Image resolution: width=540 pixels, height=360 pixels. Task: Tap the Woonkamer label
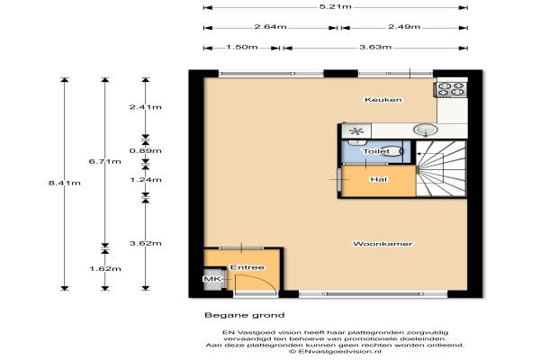(382, 244)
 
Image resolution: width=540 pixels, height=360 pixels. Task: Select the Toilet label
(376, 151)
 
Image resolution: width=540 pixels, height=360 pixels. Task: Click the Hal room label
(379, 179)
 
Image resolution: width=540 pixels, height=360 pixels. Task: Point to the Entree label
(247, 267)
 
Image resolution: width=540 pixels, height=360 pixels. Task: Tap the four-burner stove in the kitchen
(452, 89)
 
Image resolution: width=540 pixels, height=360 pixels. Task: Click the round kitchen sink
(426, 130)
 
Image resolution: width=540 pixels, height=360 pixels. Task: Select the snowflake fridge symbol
(356, 131)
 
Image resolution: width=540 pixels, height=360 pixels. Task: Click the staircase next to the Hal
(441, 169)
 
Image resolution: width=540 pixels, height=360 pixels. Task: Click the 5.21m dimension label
(336, 6)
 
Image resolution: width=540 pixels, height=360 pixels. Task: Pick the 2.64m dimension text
(270, 27)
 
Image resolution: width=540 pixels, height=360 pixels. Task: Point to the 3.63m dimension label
(375, 47)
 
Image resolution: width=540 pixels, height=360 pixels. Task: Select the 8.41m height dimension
(65, 183)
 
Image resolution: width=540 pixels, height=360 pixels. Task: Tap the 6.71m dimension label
(105, 161)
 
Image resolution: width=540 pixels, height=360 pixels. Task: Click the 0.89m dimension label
(145, 151)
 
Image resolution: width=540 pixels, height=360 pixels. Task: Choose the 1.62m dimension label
(105, 269)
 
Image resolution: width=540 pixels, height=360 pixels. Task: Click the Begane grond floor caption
(245, 315)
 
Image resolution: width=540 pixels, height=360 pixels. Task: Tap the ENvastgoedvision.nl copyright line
(336, 352)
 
